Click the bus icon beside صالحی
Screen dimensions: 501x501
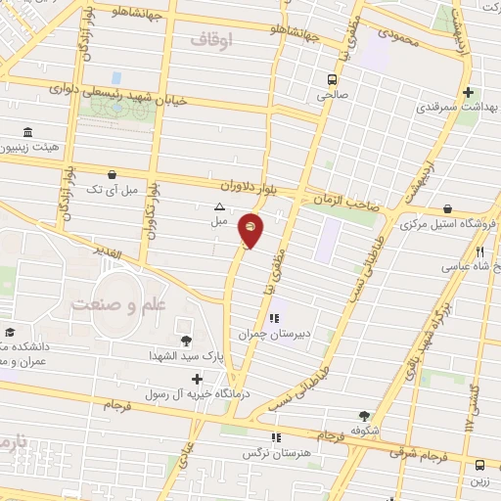pos(333,79)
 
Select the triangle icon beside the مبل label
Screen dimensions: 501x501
pos(219,206)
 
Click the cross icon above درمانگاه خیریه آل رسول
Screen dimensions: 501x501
pos(198,379)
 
